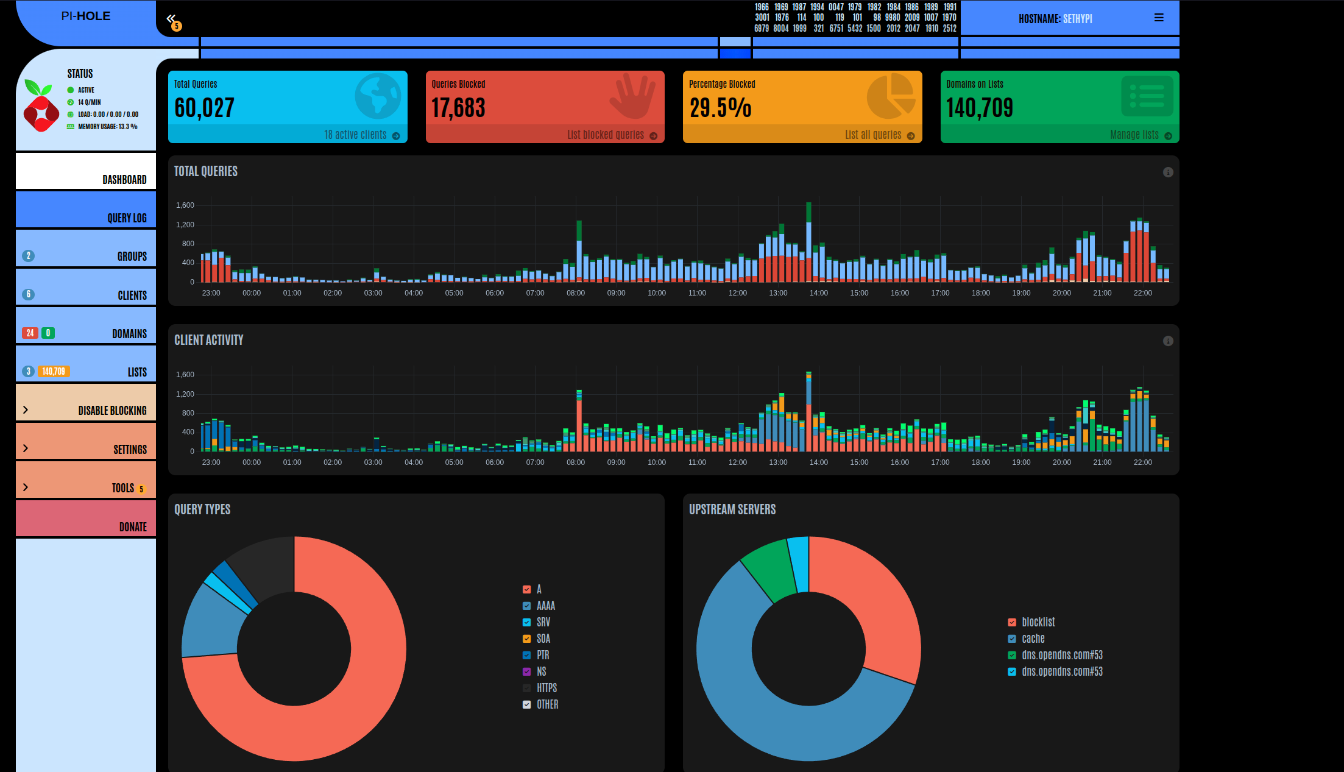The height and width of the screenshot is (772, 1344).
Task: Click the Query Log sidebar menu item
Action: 86,210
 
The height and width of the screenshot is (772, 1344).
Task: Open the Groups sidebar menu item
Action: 86,248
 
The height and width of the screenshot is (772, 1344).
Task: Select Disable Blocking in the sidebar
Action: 86,402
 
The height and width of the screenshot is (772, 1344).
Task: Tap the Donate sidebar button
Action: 86,519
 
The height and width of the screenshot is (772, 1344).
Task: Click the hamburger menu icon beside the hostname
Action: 1159,18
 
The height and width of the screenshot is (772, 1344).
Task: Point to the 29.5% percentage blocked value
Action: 720,108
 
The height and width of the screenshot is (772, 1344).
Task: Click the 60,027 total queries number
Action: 204,108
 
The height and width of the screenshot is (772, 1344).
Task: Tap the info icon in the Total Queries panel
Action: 1168,172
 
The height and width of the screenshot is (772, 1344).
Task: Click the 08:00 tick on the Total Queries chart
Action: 576,293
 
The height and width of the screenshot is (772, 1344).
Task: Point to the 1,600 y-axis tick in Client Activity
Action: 185,375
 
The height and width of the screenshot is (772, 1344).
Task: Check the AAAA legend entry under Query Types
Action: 539,606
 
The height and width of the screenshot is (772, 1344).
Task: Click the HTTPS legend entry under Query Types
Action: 540,688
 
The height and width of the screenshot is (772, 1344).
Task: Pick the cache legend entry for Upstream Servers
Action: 1027,639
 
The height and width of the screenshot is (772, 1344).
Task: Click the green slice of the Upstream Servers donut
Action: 767,567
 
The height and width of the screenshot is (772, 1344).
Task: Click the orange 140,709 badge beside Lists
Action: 54,371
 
